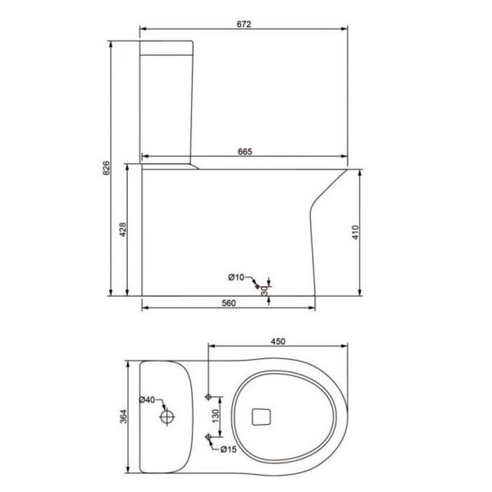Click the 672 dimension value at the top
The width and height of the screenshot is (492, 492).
[244, 24]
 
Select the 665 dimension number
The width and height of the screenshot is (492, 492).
[244, 152]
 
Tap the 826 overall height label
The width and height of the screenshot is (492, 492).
[107, 168]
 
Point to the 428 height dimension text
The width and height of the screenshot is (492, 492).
[123, 230]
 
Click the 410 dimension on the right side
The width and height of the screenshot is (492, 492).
[355, 232]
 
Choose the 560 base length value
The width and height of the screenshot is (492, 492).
[229, 303]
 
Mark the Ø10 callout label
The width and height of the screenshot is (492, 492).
[236, 277]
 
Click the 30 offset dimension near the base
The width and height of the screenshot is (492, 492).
[265, 291]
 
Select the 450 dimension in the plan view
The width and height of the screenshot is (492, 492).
[278, 341]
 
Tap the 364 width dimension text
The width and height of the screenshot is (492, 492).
[123, 417]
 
